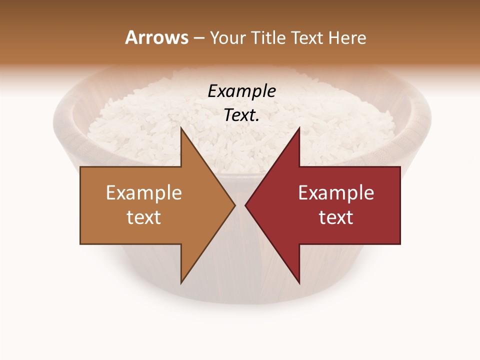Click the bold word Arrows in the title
coord(157,37)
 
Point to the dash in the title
coord(198,38)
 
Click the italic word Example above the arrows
coord(241,91)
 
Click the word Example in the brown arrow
coord(143,193)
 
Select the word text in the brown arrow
coord(143,217)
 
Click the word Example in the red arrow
coord(336,193)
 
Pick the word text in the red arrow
coord(336,217)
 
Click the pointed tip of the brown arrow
coord(234,205)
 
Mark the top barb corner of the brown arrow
coord(181,128)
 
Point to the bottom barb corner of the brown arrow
coord(181,282)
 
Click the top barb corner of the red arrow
coord(299,128)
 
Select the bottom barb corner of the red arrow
coord(299,282)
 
